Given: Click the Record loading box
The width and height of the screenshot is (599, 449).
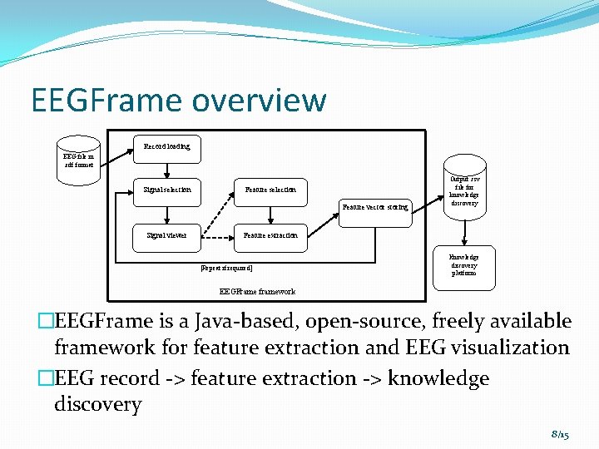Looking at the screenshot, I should (167, 146).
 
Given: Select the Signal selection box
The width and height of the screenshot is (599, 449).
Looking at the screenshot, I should (167, 190).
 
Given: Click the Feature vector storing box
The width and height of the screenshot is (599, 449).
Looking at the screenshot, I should (376, 207).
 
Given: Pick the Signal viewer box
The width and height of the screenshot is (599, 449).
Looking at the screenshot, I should (167, 236).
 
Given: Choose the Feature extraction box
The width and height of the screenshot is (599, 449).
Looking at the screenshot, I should (270, 236).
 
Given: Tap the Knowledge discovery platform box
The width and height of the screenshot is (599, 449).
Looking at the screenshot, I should (464, 265).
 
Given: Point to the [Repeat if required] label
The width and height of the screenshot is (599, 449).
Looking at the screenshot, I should (227, 269).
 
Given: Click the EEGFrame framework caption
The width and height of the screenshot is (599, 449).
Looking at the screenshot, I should (257, 292).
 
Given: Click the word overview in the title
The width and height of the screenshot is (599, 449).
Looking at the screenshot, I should (259, 101).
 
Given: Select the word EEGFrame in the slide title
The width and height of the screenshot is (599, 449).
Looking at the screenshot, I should (106, 101).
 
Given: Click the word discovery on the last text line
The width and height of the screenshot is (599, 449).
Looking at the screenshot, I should (97, 405).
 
